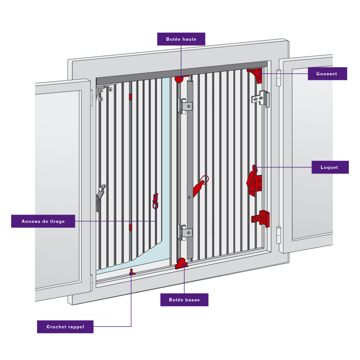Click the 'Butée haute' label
coord(181,39)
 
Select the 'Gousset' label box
coord(327,73)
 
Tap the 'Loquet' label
coord(330,167)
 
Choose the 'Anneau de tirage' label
coord(43,221)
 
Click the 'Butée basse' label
coord(184,300)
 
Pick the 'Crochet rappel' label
coord(65,327)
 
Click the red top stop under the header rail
coord(180,78)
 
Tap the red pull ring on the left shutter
coord(156,202)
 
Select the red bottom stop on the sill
coord(181,264)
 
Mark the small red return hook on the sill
coord(132,273)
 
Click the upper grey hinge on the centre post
coord(186,106)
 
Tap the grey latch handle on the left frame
coord(100,195)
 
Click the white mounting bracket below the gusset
coord(261,98)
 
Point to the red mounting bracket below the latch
coord(261,219)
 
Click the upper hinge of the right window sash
coord(278,77)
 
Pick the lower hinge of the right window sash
coord(278,235)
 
